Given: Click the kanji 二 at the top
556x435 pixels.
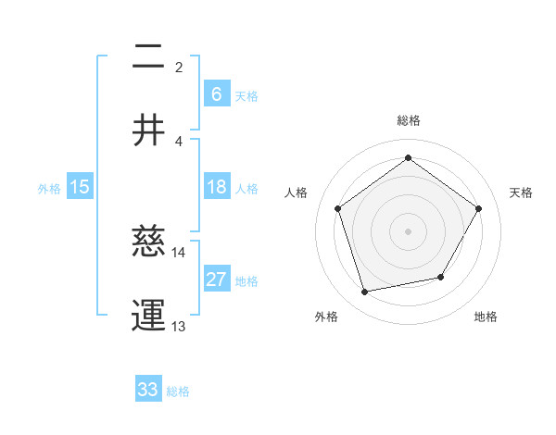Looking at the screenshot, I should (x=148, y=57).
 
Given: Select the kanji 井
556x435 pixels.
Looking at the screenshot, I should (x=148, y=130).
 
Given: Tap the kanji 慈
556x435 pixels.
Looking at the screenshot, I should (x=148, y=242).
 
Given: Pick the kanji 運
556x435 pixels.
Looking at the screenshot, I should (x=148, y=315).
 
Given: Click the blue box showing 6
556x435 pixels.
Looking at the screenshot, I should (x=216, y=93).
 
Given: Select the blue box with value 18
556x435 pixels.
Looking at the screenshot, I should (x=216, y=187).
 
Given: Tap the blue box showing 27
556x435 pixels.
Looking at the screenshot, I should (x=216, y=280).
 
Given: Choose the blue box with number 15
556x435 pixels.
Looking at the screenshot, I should (x=80, y=187).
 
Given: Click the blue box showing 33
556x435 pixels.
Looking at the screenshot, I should (x=148, y=389).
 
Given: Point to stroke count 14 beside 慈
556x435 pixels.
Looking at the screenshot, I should (x=179, y=252).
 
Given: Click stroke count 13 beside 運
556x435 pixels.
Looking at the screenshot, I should (x=179, y=326).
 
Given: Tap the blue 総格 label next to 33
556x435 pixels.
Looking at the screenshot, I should (x=178, y=391).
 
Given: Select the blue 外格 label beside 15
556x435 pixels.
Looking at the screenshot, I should (x=49, y=189).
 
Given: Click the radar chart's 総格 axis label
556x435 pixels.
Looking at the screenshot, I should (x=408, y=120).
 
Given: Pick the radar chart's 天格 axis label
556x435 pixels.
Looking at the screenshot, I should (x=521, y=193).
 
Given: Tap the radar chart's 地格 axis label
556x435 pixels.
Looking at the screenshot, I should (x=486, y=317).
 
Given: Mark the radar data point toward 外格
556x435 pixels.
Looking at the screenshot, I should (x=365, y=292).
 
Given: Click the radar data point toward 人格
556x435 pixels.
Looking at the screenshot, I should (x=338, y=208).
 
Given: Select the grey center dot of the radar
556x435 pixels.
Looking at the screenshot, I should (x=408, y=230).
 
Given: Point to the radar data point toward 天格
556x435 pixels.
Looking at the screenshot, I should (x=478, y=208).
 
